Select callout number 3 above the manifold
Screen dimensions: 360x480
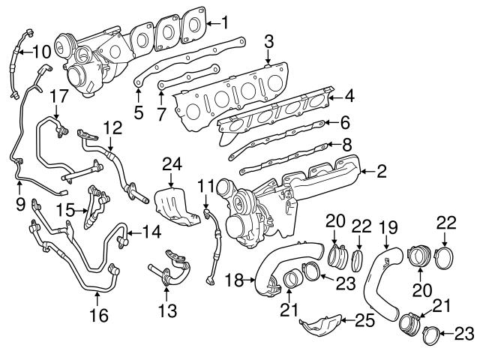pos(268,40)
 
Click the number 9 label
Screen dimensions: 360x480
pos(20,202)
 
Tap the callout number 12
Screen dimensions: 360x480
pos(112,127)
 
